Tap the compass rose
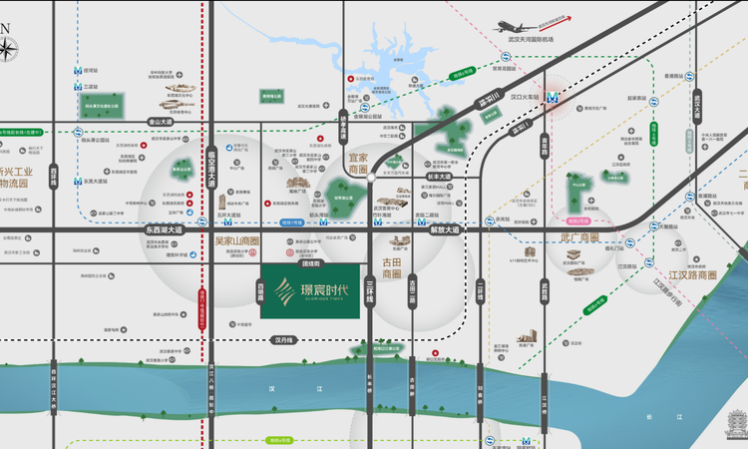coord(10,47)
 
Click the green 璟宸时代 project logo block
coord(310,290)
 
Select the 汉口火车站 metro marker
coord(551,98)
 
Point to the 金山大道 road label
coord(160,121)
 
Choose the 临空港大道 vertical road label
coord(211,160)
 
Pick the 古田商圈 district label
coord(391,267)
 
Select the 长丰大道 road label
coord(439,178)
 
